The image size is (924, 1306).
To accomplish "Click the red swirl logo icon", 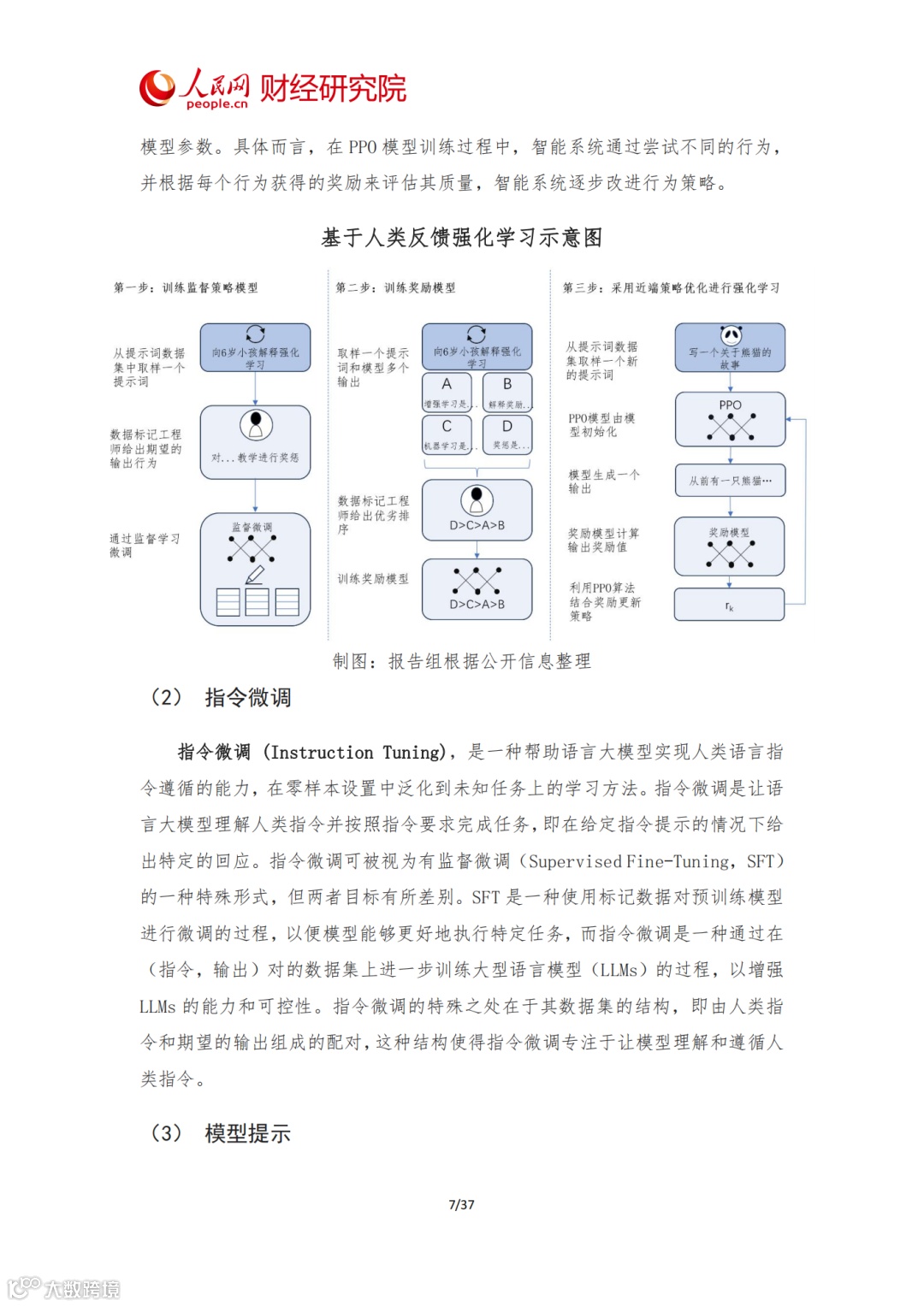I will [157, 88].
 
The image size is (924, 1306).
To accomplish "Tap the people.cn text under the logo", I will [216, 104].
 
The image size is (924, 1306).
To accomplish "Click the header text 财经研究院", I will [333, 88].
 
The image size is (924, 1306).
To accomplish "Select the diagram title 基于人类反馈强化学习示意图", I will [462, 238].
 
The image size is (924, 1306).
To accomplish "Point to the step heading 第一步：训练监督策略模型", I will [186, 288].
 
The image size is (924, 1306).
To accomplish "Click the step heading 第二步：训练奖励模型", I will [395, 288].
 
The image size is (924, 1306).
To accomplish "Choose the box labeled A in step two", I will [447, 392].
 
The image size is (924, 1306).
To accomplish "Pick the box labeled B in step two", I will [507, 392].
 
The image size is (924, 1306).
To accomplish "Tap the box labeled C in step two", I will [447, 434].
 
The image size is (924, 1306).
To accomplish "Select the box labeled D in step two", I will [507, 434].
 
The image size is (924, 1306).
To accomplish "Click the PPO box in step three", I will [730, 419].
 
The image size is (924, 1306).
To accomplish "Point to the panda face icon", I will [730, 334].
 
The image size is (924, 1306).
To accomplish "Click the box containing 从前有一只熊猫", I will [730, 481].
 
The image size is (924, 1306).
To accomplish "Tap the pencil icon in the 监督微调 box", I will [255, 575].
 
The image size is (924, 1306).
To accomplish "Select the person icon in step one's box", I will [255, 424].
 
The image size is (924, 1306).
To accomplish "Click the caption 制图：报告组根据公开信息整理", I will [462, 661].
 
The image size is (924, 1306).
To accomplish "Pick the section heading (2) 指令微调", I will [222, 698].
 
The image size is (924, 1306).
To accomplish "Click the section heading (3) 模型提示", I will [222, 1133].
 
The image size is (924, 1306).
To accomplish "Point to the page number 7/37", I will [461, 1204].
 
